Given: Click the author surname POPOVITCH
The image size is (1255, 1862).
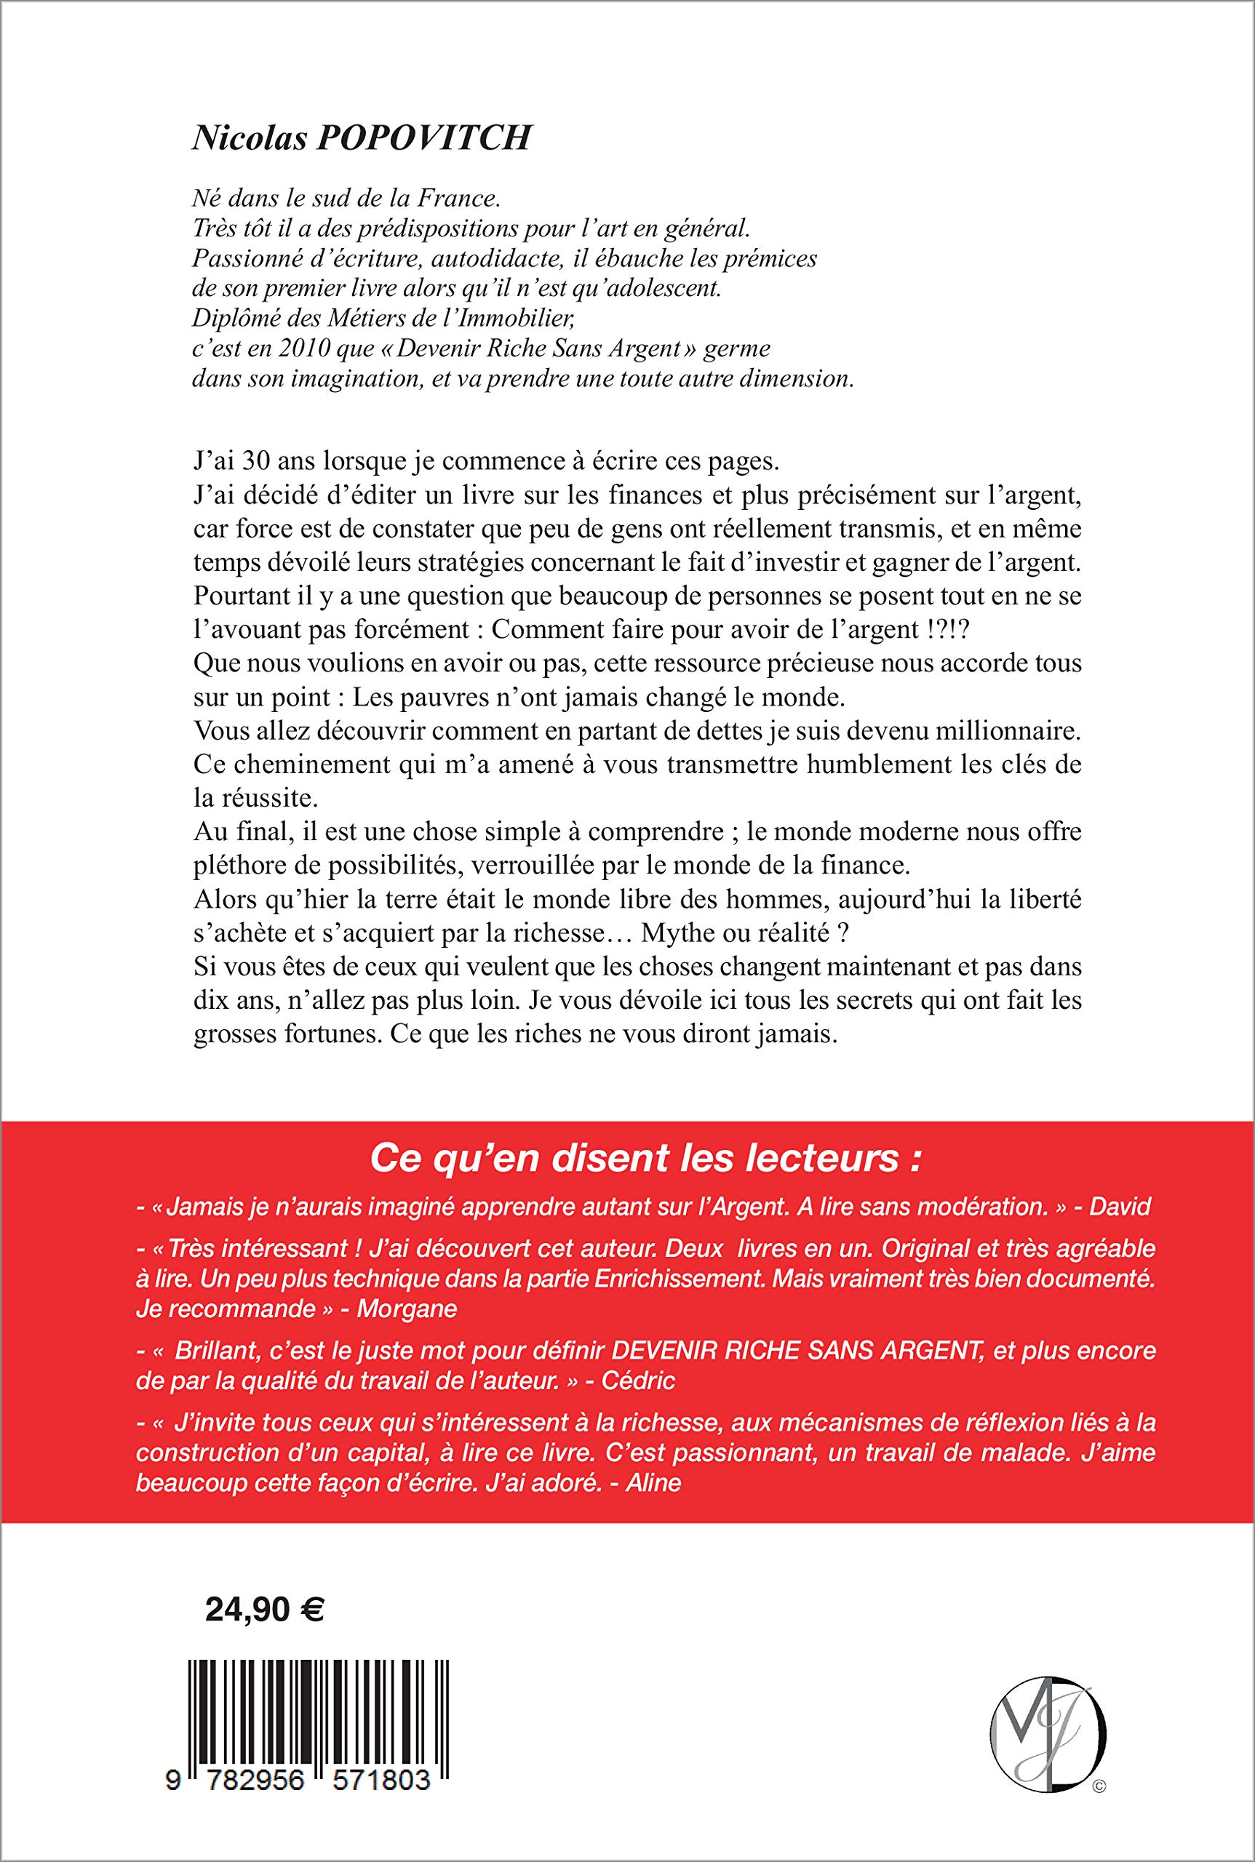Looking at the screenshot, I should point(425,138).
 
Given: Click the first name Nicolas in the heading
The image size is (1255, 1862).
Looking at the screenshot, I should point(249,138).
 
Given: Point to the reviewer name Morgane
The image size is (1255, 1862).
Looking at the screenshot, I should point(407,1308).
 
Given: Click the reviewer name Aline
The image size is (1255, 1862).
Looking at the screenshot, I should point(654,1483).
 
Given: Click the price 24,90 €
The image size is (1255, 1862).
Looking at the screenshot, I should point(265,1609).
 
